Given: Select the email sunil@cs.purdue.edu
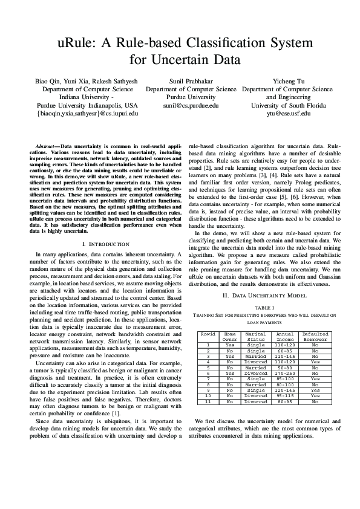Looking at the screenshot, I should click(191, 105).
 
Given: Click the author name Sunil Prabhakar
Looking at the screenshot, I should click(191, 80).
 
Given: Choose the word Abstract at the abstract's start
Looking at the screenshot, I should click(47, 147).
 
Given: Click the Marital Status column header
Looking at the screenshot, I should click(256, 336).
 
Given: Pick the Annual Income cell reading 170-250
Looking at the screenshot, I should click(285, 374).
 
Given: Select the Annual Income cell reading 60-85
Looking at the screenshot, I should click(285, 351).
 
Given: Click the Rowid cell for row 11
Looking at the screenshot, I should click(208, 402).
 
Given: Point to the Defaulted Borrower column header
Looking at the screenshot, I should click(315, 336).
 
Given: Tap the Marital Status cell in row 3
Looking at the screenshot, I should click(256, 357).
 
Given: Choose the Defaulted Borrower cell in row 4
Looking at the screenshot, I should click(315, 362).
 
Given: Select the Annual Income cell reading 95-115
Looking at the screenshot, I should click(285, 397).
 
